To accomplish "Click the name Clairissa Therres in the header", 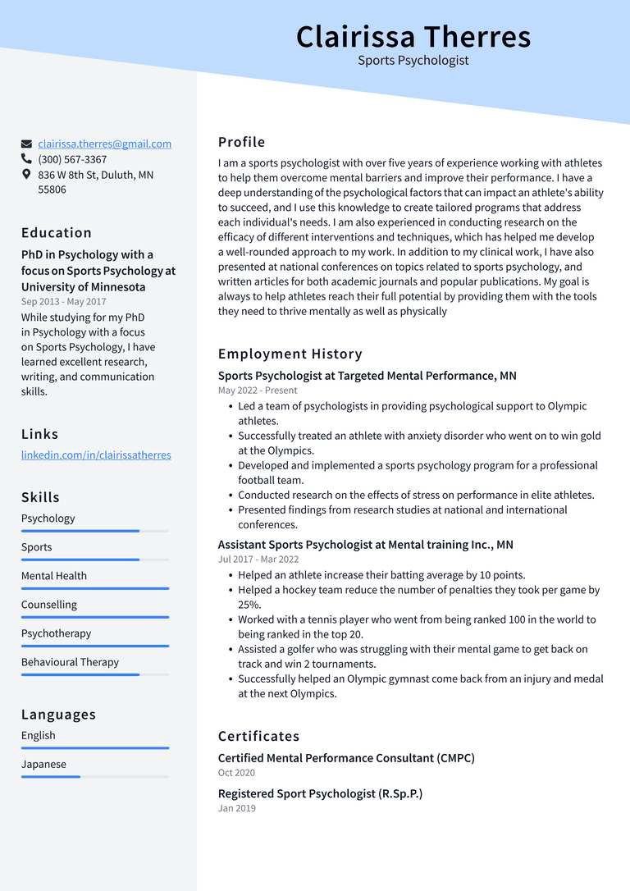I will [x=413, y=37].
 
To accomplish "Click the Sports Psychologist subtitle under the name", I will [x=413, y=61].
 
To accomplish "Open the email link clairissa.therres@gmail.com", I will [x=104, y=144].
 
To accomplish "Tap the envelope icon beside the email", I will [x=26, y=144].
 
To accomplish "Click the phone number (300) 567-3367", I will [x=72, y=159].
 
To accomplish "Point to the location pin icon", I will [x=26, y=175].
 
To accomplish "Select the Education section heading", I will [x=57, y=233].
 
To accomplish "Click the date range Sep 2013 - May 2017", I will [x=63, y=302].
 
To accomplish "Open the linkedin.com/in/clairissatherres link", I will [x=96, y=455].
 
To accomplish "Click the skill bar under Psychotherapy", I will [x=95, y=646].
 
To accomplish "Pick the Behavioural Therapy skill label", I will [x=70, y=662].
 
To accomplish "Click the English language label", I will [x=39, y=735].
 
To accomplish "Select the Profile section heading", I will [x=241, y=142].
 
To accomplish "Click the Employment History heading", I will [x=290, y=354].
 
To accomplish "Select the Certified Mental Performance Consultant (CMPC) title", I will [x=346, y=758].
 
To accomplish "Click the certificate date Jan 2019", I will [x=237, y=808].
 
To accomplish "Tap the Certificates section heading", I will [x=258, y=736].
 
